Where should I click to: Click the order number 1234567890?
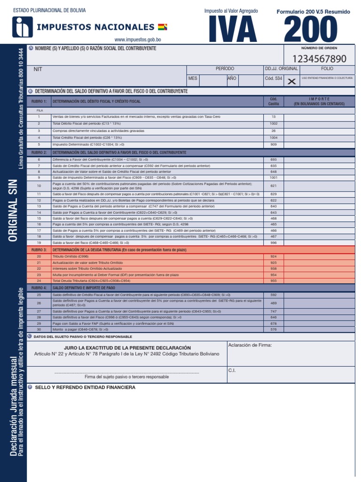point(319,58)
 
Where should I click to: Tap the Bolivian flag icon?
point(163,27)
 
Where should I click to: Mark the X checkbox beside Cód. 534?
point(291,81)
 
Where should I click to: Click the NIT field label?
point(38,69)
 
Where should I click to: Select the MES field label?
point(193,78)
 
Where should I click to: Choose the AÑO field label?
point(232,78)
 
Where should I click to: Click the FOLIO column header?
point(327,69)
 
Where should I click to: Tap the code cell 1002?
point(274,123)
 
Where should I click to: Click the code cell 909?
point(274,145)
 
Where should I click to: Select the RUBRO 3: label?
point(39,249)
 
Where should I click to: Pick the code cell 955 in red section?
point(274,280)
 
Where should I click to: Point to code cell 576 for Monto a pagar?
point(274,329)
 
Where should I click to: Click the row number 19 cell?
point(39,243)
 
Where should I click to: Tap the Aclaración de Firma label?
point(250,345)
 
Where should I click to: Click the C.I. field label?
point(232,370)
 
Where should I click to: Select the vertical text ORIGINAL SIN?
point(13,210)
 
